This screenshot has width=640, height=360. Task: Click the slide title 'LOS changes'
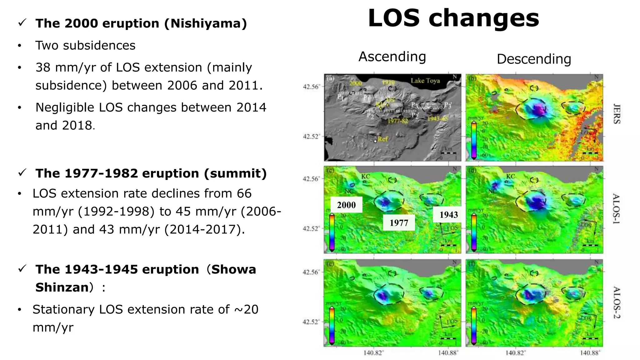click(453, 18)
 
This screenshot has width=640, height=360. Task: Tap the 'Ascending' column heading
click(392, 57)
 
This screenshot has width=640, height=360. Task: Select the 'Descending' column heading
click(534, 59)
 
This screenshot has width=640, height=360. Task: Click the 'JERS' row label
click(616, 114)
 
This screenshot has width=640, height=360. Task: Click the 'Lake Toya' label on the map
click(425, 81)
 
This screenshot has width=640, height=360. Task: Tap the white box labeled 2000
click(346, 205)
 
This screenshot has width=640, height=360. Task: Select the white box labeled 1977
click(399, 223)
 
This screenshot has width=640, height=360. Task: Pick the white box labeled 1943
click(448, 215)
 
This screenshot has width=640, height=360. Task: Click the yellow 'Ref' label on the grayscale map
click(382, 139)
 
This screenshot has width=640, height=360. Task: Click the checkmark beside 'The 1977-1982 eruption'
click(22, 172)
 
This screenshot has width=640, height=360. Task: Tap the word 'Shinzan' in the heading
click(62, 287)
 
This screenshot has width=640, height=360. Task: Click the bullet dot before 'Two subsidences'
click(20, 46)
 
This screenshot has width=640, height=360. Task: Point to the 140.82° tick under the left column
click(373, 353)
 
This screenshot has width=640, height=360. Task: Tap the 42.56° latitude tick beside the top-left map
click(311, 87)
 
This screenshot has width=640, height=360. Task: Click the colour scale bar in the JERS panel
click(474, 140)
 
